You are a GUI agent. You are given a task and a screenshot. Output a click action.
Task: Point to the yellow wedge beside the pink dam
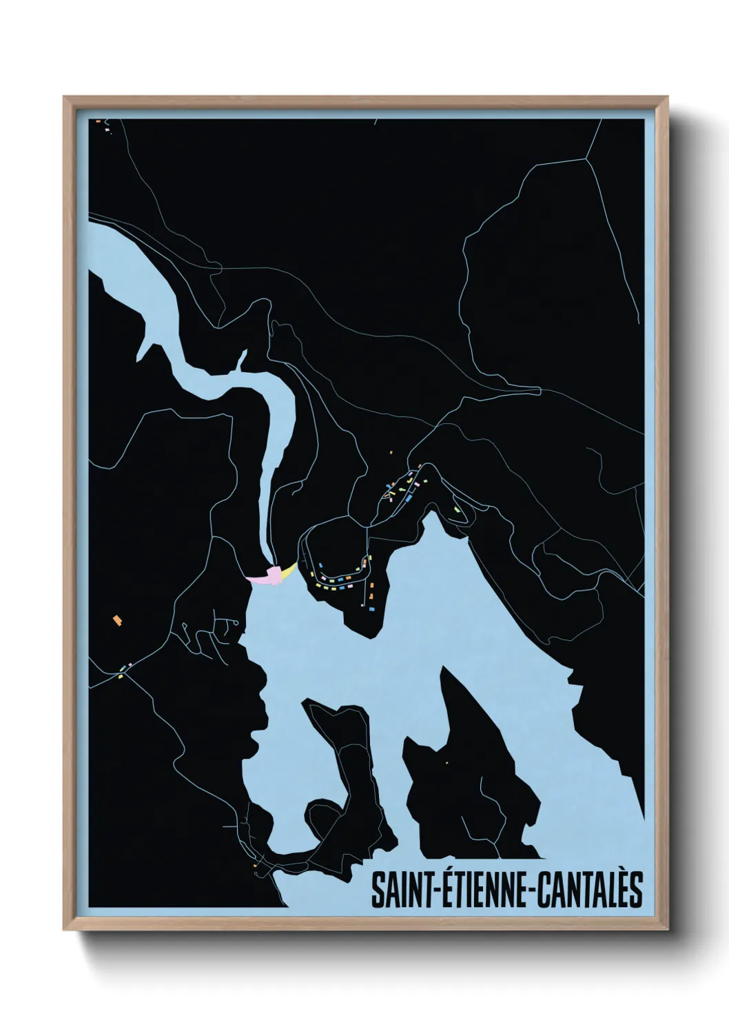[290, 570]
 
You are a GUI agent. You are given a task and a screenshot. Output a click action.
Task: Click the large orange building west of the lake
[117, 620]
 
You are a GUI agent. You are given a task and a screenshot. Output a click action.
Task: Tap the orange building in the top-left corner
[99, 122]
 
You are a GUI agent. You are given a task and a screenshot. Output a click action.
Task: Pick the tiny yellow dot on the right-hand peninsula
[447, 762]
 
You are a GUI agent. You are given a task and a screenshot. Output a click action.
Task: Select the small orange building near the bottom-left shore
[255, 865]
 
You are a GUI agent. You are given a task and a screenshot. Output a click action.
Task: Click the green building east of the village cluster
[456, 510]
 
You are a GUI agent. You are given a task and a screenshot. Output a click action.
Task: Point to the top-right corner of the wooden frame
[666, 98]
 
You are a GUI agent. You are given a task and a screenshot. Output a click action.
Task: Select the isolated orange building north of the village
[391, 453]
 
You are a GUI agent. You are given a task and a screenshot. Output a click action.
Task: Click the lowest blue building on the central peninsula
[369, 609]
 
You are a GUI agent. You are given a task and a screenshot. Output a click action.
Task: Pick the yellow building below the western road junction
[121, 676]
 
